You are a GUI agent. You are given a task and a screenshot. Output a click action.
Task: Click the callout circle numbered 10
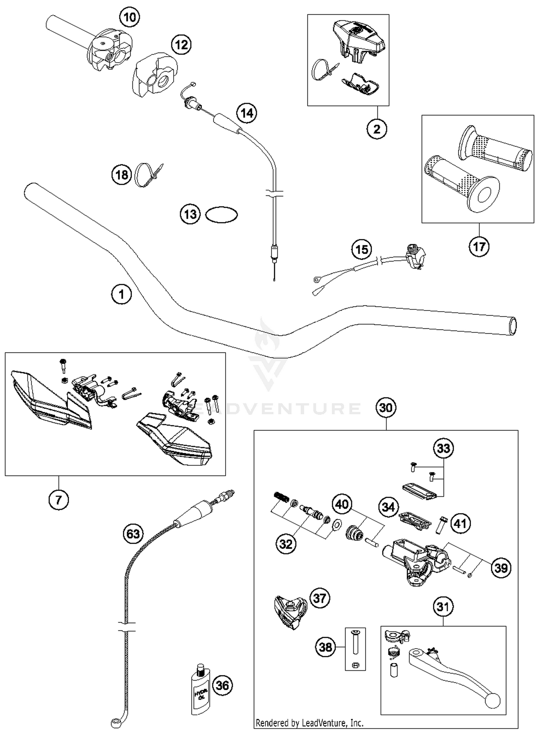130,17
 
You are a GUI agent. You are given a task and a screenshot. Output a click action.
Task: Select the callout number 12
181,45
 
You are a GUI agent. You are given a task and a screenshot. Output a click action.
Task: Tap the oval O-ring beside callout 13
221,215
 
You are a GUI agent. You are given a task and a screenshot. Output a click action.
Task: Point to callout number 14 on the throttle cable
247,113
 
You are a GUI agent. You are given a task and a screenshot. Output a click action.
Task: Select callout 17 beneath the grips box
479,246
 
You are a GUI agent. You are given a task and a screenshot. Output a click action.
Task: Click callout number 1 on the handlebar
121,294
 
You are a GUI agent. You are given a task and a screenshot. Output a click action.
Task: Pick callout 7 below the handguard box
59,499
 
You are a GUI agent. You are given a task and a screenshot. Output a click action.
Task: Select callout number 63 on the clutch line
133,534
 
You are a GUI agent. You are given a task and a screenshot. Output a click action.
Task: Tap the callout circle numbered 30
386,408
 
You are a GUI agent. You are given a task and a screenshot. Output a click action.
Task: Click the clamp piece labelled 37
290,612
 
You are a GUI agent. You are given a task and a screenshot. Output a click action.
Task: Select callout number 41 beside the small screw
460,524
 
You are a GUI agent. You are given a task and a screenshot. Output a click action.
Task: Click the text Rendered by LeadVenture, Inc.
309,723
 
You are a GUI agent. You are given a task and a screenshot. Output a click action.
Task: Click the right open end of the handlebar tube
513,325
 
